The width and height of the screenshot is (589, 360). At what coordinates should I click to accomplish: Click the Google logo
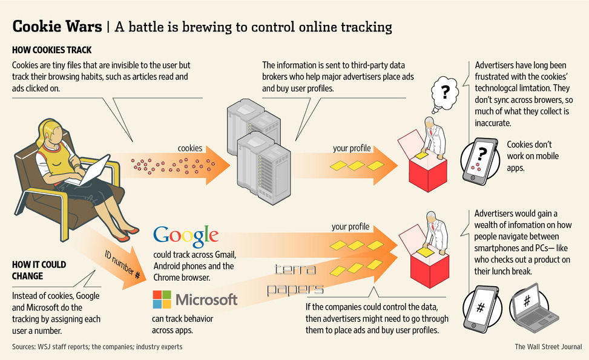click(x=186, y=236)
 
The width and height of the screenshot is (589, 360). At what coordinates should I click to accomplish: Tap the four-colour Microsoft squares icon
click(x=162, y=299)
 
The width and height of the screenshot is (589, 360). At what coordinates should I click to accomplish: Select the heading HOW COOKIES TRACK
click(x=52, y=50)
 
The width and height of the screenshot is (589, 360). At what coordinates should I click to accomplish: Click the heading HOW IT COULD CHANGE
click(x=39, y=270)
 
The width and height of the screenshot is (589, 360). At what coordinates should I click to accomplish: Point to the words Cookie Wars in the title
click(x=57, y=26)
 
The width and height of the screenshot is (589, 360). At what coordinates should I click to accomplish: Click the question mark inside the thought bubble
click(x=445, y=91)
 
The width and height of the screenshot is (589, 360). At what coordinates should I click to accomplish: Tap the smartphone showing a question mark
click(x=480, y=162)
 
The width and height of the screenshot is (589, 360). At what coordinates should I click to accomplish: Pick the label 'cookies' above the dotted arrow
click(x=189, y=148)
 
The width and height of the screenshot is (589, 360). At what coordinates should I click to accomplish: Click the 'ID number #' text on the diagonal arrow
click(x=122, y=264)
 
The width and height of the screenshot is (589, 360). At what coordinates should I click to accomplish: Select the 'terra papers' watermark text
click(x=295, y=280)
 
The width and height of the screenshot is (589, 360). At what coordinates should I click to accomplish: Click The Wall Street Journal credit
click(x=548, y=347)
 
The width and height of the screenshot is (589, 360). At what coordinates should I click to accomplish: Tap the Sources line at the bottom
click(x=97, y=347)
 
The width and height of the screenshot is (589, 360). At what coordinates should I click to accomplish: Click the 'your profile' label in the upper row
click(x=352, y=148)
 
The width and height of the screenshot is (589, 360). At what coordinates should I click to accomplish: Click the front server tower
click(x=264, y=168)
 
